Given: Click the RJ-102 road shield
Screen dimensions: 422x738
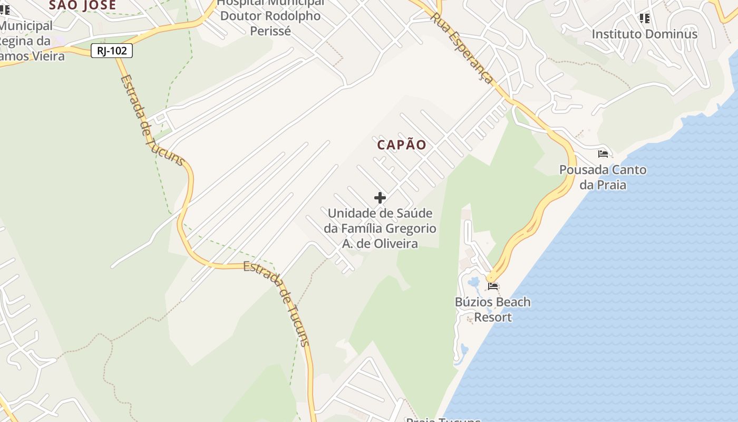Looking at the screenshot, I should [111, 51].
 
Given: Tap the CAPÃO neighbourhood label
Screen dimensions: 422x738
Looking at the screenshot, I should [402, 145].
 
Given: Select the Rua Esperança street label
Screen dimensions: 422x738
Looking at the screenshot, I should [462, 49].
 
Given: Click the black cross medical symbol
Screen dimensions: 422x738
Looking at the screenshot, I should [380, 198].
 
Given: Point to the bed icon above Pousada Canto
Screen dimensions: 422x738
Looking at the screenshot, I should [603, 154].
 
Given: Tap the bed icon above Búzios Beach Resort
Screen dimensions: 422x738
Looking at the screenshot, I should [493, 286].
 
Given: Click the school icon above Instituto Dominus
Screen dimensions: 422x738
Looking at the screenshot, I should [644, 18].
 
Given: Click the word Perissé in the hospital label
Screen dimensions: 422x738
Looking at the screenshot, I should [270, 31].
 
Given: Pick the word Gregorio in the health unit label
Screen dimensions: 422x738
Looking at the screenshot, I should [411, 228].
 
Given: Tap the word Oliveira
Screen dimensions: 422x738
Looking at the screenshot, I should [386, 244].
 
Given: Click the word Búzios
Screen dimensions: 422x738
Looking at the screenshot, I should [474, 302].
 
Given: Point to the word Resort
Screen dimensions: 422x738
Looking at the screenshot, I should [493, 318].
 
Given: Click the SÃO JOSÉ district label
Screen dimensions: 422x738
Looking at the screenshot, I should [82, 5].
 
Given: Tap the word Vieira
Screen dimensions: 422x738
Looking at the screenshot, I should [49, 55].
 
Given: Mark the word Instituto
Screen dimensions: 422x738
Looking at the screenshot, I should [615, 34].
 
